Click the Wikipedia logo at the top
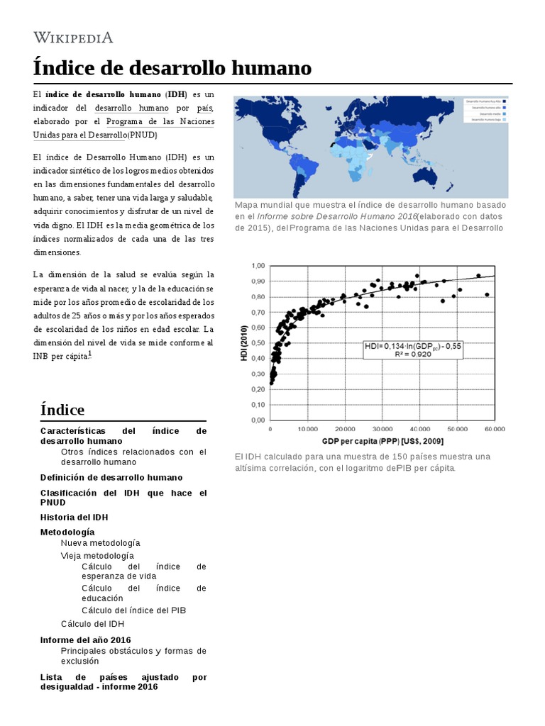(73, 38)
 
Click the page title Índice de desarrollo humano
(172, 69)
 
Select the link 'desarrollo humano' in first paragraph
(131, 108)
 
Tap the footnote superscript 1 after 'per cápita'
(89, 355)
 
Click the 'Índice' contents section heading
(62, 410)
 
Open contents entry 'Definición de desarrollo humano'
(111, 477)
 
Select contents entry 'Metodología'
(67, 532)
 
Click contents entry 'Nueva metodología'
(100, 542)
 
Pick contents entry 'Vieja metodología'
(97, 555)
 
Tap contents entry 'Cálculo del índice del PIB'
(134, 610)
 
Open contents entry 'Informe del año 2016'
(86, 640)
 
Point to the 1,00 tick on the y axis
(256, 265)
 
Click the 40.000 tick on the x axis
(419, 429)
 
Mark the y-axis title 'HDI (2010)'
(244, 344)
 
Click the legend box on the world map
(485, 111)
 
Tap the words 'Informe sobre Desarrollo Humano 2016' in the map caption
(336, 216)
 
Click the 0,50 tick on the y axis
(256, 342)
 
